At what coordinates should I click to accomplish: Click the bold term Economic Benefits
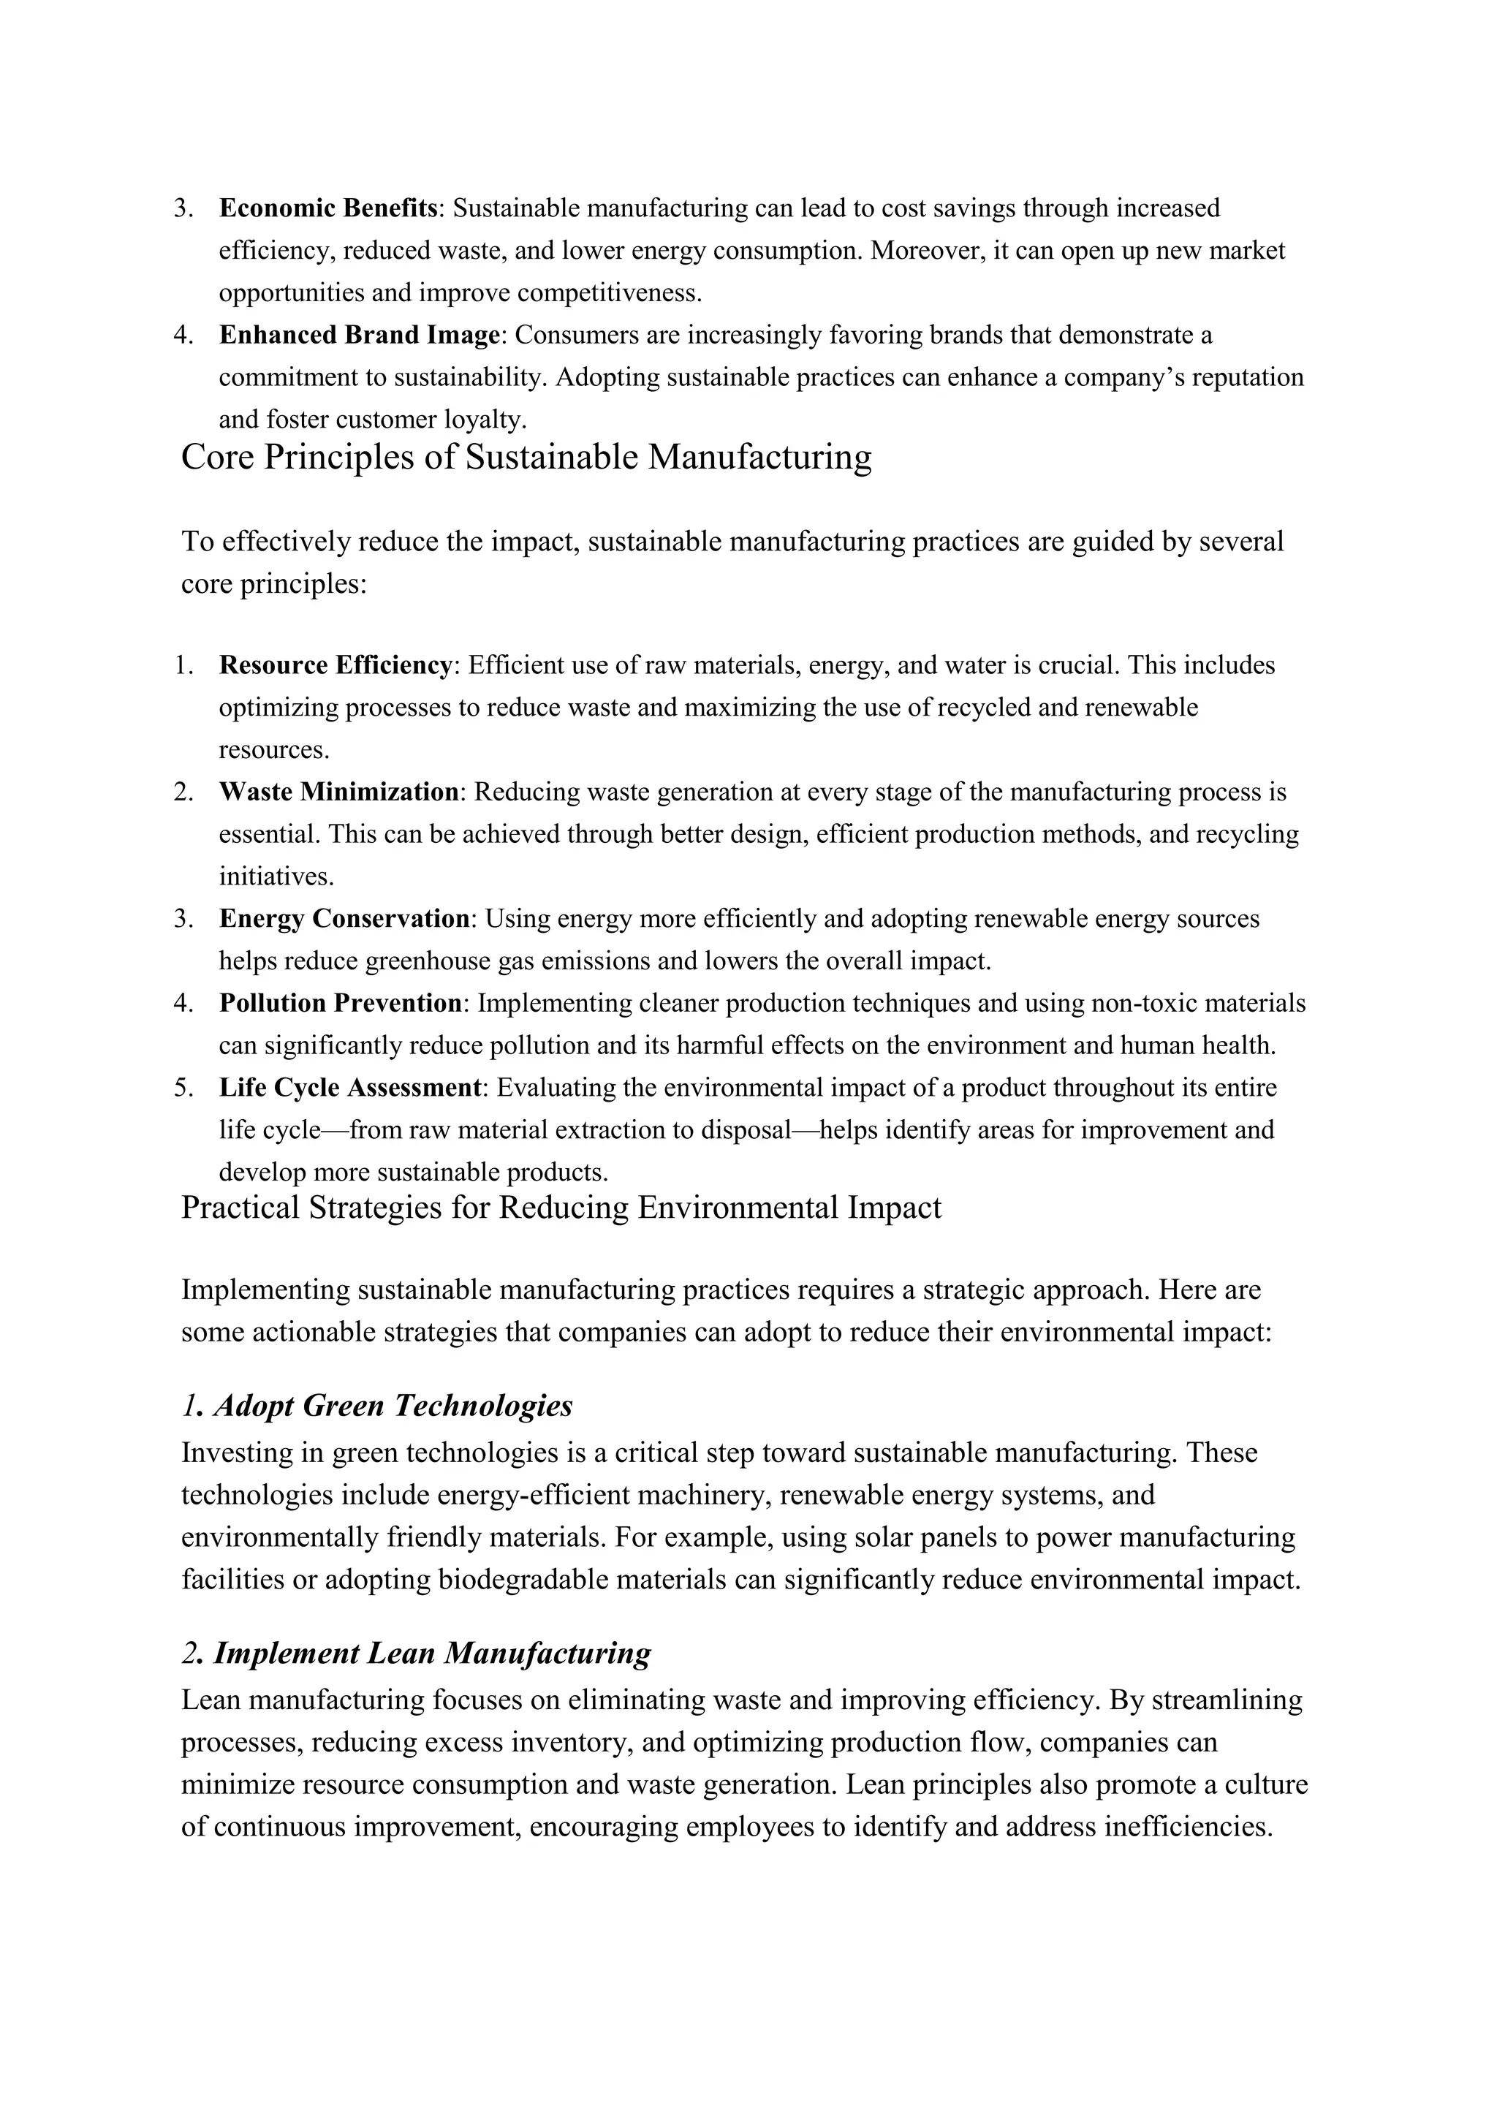[x=327, y=208]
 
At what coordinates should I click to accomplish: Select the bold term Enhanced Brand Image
[x=359, y=335]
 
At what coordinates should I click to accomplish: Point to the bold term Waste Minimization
[x=338, y=792]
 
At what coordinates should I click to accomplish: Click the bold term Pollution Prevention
[x=340, y=1003]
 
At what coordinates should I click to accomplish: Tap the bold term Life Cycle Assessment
[x=350, y=1088]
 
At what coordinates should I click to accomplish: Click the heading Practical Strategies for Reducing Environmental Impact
[x=561, y=1208]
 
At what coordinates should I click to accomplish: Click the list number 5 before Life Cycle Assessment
[x=183, y=1088]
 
